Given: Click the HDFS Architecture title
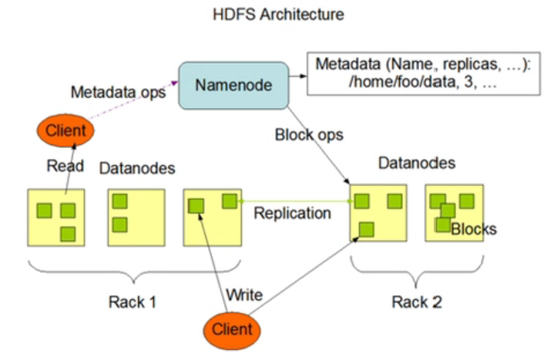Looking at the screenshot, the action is click(278, 15).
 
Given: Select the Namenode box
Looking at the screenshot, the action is click(233, 86).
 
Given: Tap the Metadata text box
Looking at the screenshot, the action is click(423, 73).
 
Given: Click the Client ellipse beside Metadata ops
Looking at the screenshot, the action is click(65, 130).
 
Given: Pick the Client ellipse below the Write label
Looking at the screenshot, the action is click(232, 330).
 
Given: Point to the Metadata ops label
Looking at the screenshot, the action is click(119, 93).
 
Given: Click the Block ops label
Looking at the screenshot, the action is click(309, 135).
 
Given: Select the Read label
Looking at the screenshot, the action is click(65, 166).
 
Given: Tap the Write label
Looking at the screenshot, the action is click(244, 294).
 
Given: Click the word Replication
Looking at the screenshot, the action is click(293, 214).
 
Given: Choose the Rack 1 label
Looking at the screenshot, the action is click(133, 302).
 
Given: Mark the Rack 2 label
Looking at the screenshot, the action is click(417, 302).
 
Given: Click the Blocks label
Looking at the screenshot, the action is click(474, 229).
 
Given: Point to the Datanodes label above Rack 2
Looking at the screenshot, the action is click(417, 163).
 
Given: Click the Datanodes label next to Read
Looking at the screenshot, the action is click(137, 168).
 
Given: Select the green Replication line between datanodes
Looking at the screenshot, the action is click(296, 201).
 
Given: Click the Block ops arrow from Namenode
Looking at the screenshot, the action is click(319, 146).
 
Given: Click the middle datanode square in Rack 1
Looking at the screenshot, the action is click(136, 217).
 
